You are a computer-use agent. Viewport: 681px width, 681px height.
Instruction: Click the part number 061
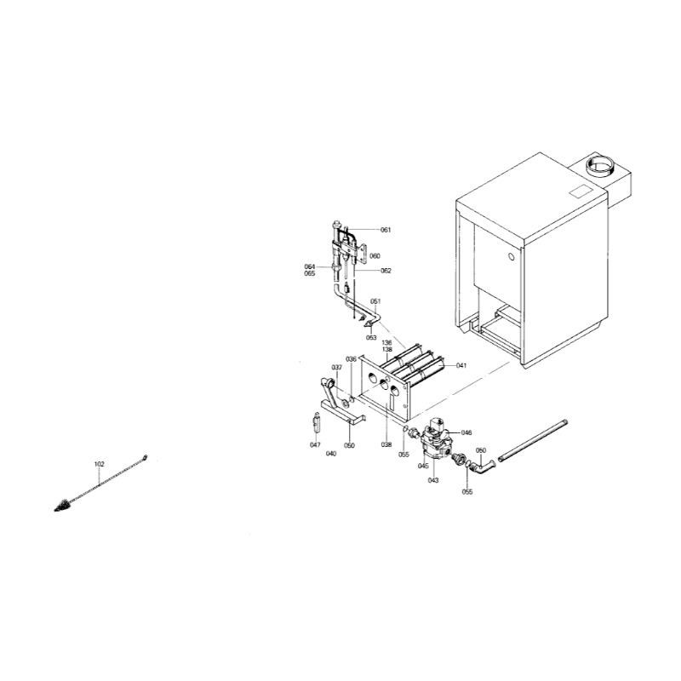coord(386,230)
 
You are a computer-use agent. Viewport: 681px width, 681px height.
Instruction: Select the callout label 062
coord(386,271)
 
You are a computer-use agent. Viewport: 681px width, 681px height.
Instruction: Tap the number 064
coord(310,266)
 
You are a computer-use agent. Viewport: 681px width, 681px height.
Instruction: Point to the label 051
coord(375,301)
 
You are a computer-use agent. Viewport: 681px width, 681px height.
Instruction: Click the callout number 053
coord(371,337)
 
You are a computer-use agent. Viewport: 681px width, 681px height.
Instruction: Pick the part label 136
coord(387,343)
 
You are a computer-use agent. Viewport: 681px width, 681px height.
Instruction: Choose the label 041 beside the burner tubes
coord(461,366)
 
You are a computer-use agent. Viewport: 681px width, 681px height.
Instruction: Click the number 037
coord(336,368)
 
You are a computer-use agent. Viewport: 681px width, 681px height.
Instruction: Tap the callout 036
coord(351,359)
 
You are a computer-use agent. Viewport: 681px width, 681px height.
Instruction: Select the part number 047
coord(315,444)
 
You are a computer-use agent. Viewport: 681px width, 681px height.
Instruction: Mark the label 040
coord(331,454)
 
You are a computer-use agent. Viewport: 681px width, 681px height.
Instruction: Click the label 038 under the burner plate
coord(386,444)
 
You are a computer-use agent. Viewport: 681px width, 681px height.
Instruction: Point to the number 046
coord(466,432)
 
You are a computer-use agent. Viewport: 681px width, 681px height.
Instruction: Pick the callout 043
coord(433,480)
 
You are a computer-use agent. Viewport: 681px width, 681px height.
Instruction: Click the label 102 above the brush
coord(100,464)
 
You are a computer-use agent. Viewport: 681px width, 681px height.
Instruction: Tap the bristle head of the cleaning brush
coord(64,505)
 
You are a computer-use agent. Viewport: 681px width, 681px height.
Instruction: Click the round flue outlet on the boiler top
coord(601,166)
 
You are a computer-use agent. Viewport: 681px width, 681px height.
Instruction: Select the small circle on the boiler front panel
coord(512,257)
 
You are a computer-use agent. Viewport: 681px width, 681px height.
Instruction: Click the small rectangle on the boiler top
coord(581,192)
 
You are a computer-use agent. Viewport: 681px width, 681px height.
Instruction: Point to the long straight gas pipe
coord(533,440)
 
